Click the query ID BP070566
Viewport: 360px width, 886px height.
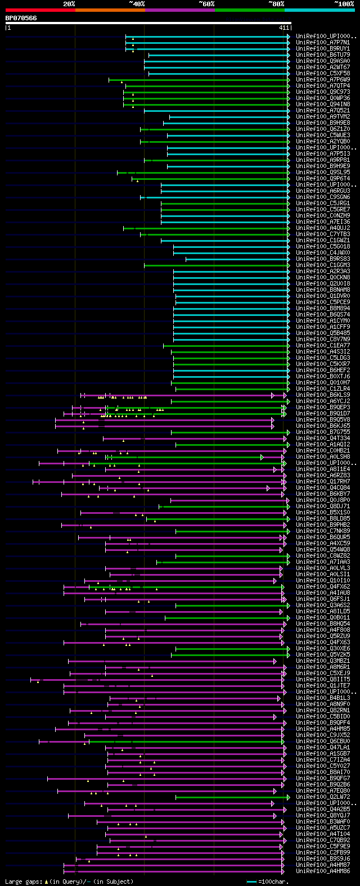click(21, 18)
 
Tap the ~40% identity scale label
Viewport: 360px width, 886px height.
click(137, 4)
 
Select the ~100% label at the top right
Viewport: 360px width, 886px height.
click(344, 4)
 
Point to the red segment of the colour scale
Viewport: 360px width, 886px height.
click(40, 10)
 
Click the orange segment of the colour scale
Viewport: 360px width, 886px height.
click(110, 10)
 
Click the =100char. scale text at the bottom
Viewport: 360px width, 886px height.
click(273, 882)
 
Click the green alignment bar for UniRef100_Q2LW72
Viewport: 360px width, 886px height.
click(231, 797)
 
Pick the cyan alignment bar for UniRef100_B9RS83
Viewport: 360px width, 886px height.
click(236, 259)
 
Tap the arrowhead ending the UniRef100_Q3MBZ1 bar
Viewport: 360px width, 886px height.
click(275, 661)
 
